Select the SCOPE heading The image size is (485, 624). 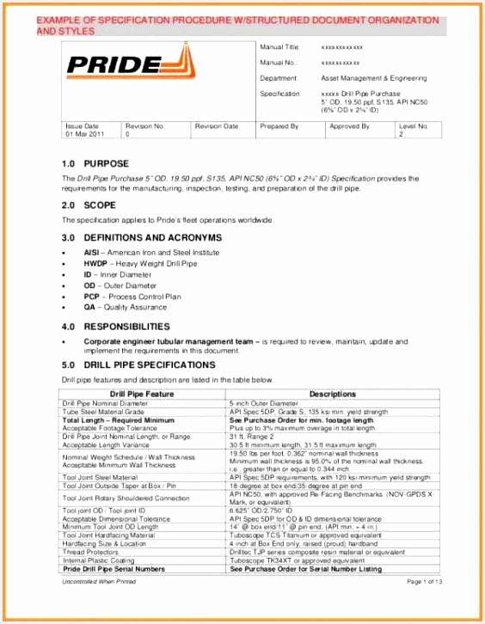[x=100, y=205]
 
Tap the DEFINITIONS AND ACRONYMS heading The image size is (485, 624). [x=153, y=237]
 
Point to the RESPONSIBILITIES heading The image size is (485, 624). [x=127, y=327]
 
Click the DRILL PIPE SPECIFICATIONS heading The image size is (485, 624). [x=150, y=364]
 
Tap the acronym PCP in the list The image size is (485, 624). [x=91, y=295]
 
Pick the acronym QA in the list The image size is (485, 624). [x=89, y=306]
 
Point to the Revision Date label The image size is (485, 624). [x=216, y=126]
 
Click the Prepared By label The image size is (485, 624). [x=279, y=126]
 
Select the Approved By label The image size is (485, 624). [x=349, y=126]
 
